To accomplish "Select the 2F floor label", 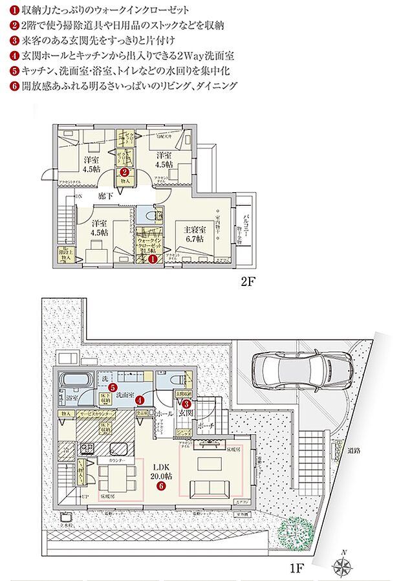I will [249, 282].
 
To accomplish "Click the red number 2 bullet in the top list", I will [14, 27].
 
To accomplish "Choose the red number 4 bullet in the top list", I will [14, 56].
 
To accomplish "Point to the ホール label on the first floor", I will [164, 412].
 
